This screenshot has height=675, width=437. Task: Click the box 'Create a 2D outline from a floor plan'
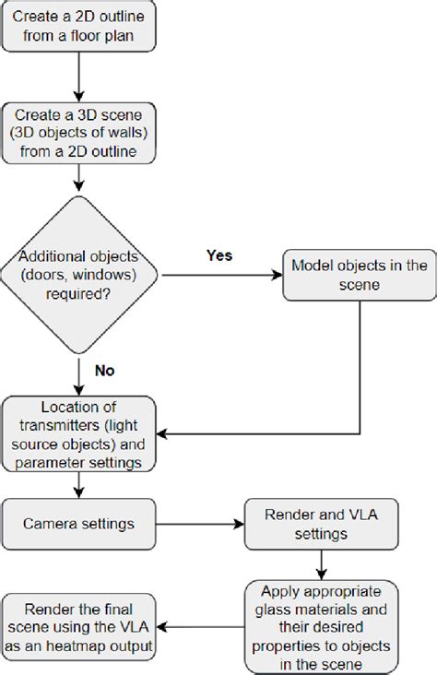pos(80,28)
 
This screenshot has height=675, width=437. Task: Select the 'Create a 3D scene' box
pos(80,135)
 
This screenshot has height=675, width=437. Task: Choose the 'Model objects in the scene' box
pos(358,275)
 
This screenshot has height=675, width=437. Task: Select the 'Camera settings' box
pos(80,523)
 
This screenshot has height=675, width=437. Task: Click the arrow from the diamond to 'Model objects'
pos(221,274)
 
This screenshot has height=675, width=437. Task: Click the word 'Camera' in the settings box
pos(53,523)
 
